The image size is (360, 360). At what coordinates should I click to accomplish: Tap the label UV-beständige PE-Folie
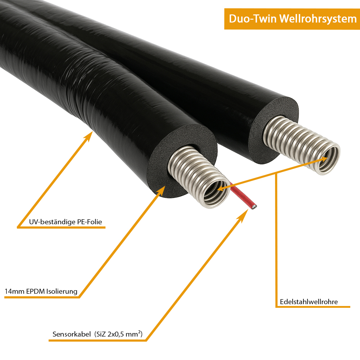[x=66, y=222]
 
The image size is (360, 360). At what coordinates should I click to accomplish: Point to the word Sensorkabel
[x=71, y=334]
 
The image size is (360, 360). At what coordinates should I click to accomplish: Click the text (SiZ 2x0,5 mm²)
[x=119, y=334]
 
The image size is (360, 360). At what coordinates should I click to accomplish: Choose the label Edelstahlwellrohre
[x=309, y=302]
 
